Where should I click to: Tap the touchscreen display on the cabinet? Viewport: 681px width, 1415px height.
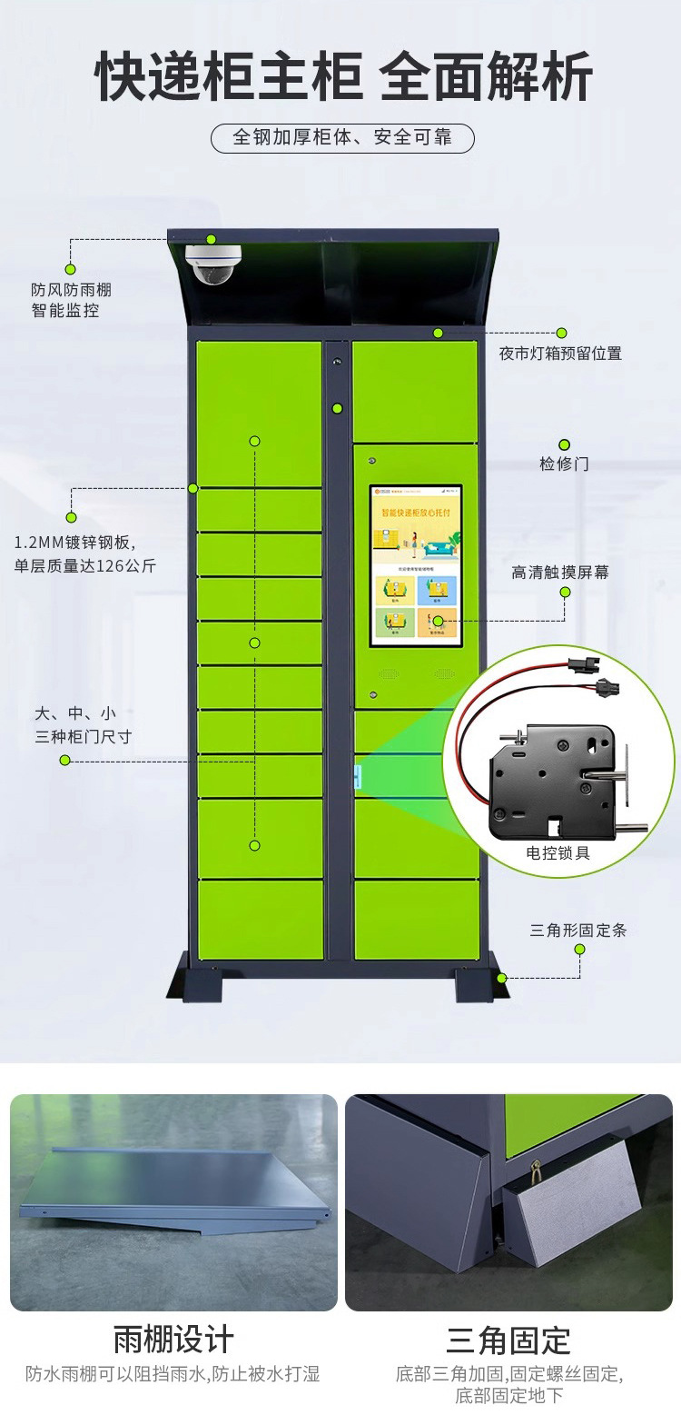click(x=416, y=565)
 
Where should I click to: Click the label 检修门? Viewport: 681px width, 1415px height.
click(x=564, y=463)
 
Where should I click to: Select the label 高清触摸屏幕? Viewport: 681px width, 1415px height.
click(x=560, y=573)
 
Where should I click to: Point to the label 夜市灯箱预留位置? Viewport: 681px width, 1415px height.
click(x=560, y=354)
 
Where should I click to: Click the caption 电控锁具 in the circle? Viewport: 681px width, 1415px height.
click(x=558, y=853)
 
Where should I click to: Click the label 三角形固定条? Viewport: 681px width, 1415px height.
click(x=578, y=931)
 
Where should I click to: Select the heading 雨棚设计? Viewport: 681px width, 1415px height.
click(x=173, y=1340)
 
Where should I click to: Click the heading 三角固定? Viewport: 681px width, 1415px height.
click(x=508, y=1340)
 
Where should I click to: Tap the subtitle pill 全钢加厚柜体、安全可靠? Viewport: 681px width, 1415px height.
click(x=342, y=138)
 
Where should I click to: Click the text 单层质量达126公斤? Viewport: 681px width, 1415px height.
click(x=85, y=566)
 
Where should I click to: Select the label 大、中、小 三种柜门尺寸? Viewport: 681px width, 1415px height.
click(x=83, y=725)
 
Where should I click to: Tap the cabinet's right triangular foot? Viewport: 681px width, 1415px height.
click(x=476, y=978)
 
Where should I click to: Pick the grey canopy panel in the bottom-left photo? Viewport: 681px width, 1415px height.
click(x=173, y=1181)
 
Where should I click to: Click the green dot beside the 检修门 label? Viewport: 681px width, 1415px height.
click(x=564, y=444)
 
